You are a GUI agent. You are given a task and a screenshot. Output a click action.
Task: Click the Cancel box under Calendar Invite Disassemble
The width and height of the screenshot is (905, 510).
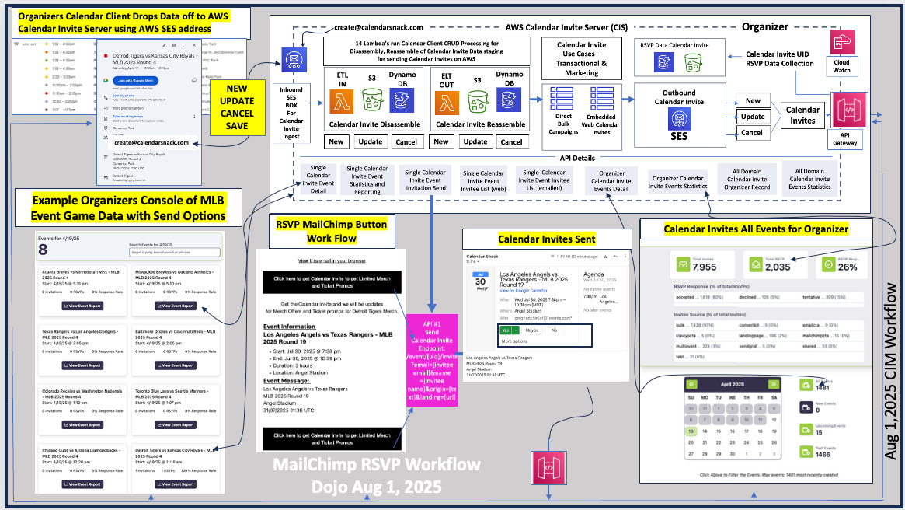click(406, 141)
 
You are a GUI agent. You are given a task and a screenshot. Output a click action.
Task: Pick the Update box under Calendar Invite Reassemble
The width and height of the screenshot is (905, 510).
click(475, 141)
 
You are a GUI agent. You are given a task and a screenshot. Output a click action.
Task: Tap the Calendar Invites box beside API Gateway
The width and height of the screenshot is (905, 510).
click(802, 115)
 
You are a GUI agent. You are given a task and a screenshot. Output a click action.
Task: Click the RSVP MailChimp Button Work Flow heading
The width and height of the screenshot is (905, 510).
click(332, 232)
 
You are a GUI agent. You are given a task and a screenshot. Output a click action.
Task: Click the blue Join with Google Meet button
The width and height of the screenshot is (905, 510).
click(136, 80)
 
